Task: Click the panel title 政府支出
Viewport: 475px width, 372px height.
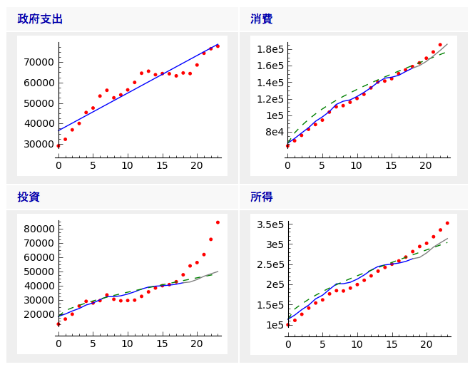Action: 40,19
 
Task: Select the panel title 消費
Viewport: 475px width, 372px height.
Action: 261,19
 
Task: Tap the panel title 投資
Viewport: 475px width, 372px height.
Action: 29,197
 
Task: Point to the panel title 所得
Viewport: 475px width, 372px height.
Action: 261,197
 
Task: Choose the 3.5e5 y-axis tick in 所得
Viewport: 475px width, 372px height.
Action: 270,224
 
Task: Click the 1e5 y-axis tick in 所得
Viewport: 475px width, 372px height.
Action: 275,325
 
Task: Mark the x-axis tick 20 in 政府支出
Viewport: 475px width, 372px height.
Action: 196,165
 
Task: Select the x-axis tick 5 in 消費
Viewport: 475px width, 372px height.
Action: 322,165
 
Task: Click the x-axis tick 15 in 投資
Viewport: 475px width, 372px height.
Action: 162,343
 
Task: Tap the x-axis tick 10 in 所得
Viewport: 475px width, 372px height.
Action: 357,343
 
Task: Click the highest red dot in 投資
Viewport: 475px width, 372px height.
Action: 218,222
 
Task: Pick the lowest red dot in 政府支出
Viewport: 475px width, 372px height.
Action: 58,146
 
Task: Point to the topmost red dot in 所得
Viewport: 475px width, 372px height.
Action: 447,223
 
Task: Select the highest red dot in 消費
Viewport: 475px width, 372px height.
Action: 440,45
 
